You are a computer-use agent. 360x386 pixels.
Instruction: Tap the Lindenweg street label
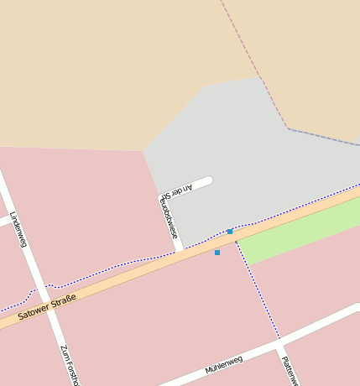[18, 230]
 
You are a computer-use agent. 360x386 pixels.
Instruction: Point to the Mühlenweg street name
[224, 365]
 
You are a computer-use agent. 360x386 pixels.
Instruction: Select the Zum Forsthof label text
[69, 366]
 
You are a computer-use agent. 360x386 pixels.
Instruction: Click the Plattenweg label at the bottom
[289, 369]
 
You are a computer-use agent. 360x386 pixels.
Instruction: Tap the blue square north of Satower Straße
[230, 232]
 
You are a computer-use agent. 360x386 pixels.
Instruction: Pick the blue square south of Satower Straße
[217, 252]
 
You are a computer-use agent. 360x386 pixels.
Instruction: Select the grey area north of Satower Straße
[252, 151]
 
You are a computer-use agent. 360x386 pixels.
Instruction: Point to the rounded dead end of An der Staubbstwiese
[207, 180]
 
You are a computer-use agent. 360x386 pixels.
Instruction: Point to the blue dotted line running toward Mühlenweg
[257, 285]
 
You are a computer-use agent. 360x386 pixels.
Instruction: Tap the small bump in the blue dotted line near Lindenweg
[49, 286]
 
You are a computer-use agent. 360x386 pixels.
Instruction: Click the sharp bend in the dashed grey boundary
[288, 128]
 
